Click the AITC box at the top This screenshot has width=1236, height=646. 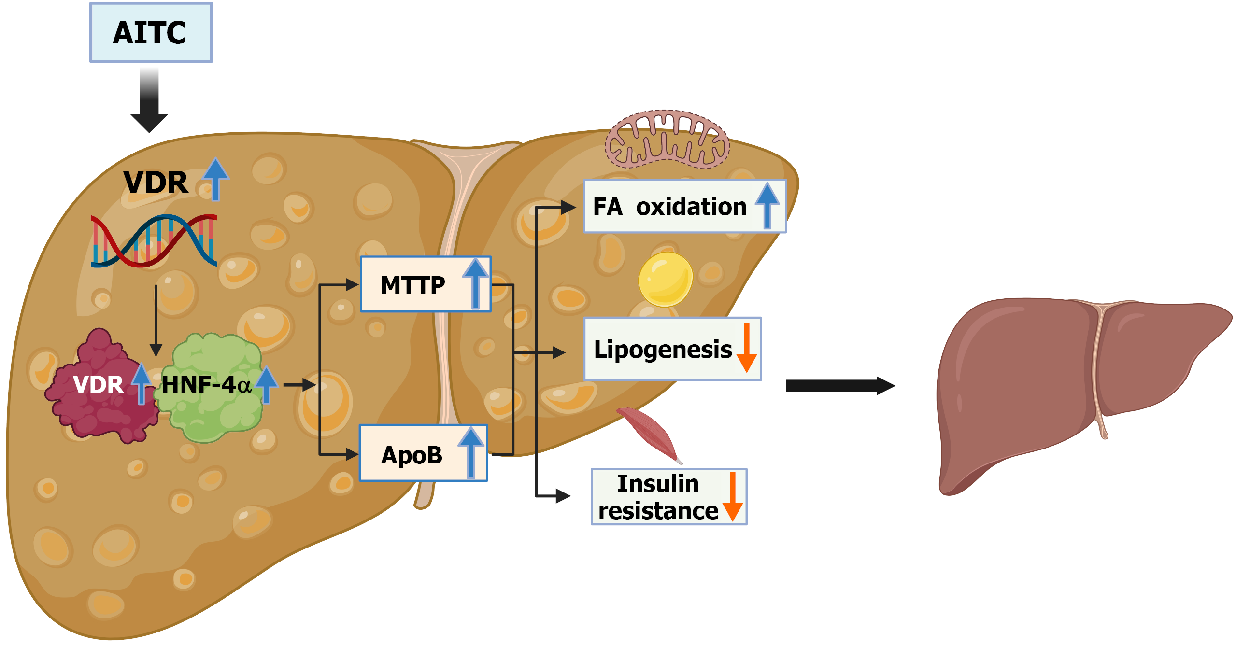tap(151, 33)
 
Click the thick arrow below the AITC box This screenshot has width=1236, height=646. tap(149, 101)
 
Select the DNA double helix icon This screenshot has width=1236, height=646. tap(154, 241)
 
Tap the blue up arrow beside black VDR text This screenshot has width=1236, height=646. tap(215, 178)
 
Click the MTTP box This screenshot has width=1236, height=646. tap(426, 284)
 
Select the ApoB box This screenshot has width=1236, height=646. tap(423, 453)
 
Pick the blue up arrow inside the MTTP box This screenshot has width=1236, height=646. tap(476, 282)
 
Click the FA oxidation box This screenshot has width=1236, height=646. tap(684, 207)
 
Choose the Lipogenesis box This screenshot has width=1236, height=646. tap(672, 349)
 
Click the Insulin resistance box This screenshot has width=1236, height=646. tap(668, 497)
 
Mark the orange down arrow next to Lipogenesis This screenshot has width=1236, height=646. tap(747, 348)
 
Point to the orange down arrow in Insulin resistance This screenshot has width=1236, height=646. tap(733, 497)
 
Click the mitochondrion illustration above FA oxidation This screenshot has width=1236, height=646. tap(667, 140)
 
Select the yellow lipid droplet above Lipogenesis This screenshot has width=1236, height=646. tap(665, 279)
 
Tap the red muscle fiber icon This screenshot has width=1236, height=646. tap(650, 433)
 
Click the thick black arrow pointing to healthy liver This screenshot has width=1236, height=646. tap(840, 386)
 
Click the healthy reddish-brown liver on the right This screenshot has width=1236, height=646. tap(1063, 386)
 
